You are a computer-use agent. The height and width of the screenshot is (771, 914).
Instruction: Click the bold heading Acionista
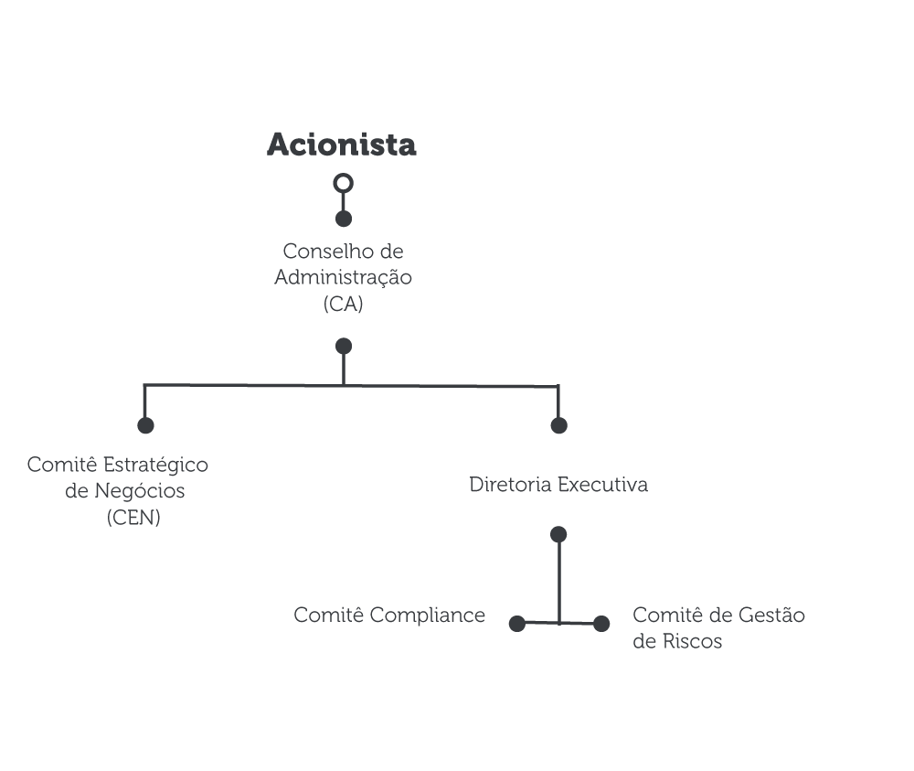[x=342, y=145]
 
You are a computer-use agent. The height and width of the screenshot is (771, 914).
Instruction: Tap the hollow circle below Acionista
[x=344, y=175]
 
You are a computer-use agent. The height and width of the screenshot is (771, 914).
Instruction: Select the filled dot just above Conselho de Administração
[x=344, y=219]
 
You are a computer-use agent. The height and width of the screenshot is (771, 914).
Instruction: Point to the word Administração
[x=343, y=278]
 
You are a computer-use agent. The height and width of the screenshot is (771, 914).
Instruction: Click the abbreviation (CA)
[x=344, y=304]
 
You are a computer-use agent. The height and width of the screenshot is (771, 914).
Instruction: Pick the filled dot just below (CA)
[x=344, y=347]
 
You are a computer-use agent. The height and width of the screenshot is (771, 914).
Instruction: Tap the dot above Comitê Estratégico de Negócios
[x=145, y=425]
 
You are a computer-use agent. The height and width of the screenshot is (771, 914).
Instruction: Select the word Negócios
[x=139, y=491]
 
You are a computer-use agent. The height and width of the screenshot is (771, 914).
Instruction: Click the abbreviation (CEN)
[x=133, y=518]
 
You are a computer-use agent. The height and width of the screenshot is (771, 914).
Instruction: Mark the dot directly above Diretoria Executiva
[x=558, y=425]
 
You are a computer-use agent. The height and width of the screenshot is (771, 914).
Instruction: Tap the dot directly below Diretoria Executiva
[x=558, y=534]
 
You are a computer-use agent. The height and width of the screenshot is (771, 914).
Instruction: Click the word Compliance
[x=427, y=616]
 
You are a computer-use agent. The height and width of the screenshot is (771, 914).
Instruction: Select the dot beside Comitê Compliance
[x=517, y=624]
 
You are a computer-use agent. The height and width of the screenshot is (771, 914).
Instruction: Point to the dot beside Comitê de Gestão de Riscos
[x=601, y=624]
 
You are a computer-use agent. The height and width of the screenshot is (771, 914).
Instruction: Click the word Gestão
[x=771, y=616]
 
